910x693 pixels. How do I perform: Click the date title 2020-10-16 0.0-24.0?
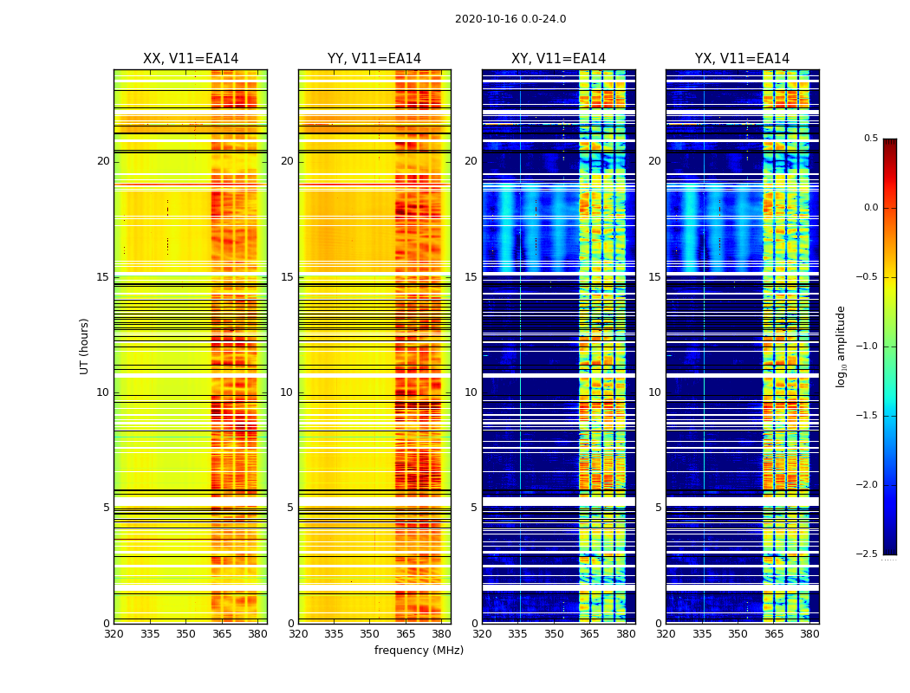coord(510,19)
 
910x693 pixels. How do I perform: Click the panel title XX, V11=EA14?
coord(190,59)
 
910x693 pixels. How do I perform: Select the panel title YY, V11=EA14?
coord(374,59)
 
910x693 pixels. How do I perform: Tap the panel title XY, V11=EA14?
coord(558,59)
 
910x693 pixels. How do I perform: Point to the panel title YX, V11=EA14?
coord(742,59)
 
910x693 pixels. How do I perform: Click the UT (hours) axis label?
coord(85,346)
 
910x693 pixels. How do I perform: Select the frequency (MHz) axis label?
coord(419,651)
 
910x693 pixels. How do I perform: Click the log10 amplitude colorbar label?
coord(841,346)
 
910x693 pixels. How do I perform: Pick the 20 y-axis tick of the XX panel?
coord(103,161)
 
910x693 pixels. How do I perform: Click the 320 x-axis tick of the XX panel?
coord(114,634)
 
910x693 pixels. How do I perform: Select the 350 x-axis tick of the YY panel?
coord(370,634)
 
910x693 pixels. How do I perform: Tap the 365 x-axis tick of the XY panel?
coord(589,634)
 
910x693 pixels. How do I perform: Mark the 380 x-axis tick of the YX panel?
coord(809,634)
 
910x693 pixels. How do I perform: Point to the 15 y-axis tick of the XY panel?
coord(471,277)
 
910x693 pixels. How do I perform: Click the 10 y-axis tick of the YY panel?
coord(287,392)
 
